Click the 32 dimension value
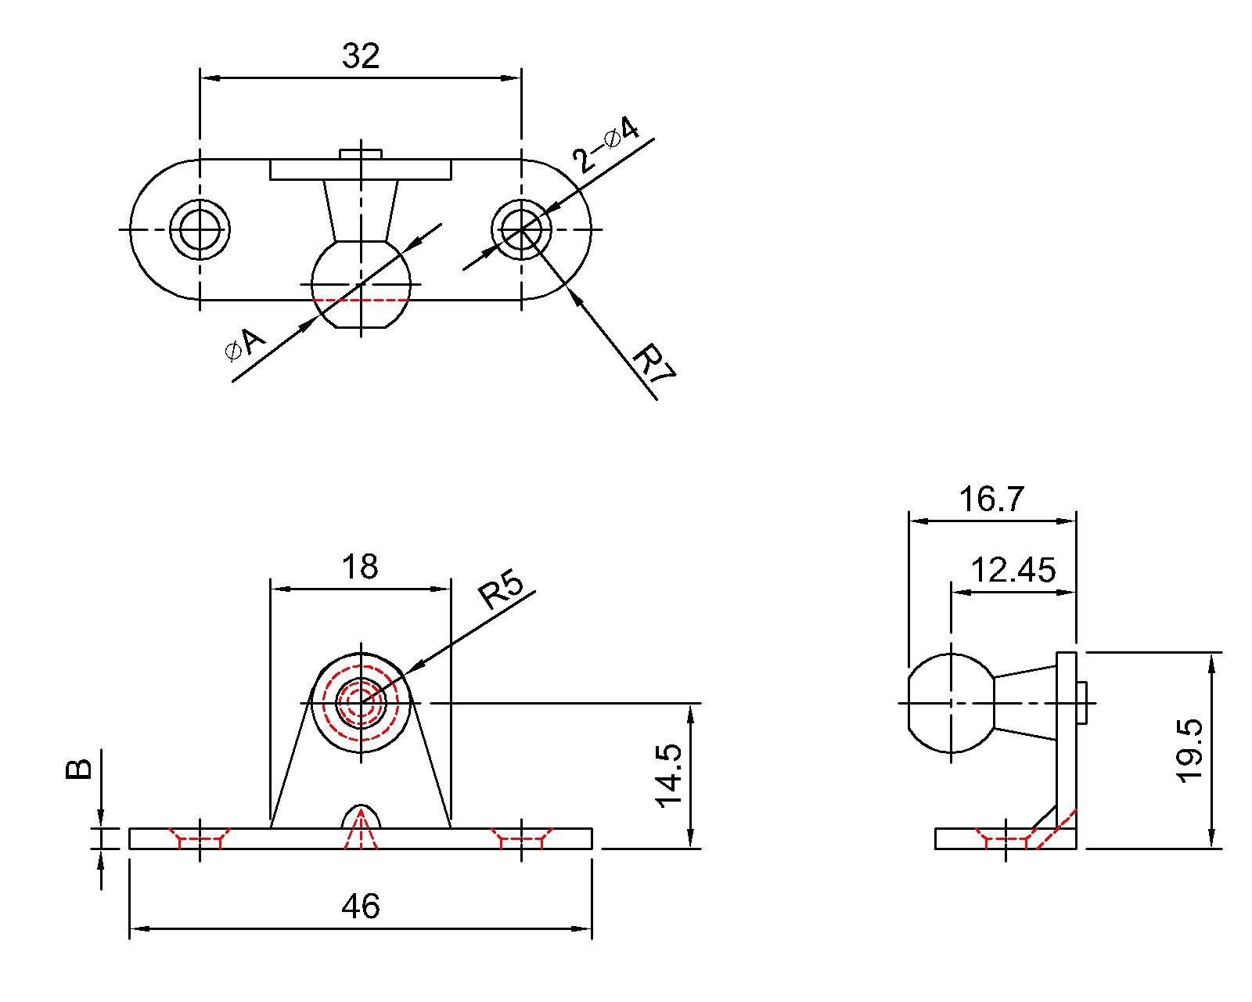tap(361, 56)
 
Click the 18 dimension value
tap(360, 566)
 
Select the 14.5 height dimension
tap(670, 776)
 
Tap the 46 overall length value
tap(361, 906)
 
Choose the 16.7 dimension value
tap(991, 499)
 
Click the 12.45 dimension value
tap(1013, 571)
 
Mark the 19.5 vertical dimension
tap(1190, 751)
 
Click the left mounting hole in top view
tap(200, 229)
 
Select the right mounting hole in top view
tap(522, 229)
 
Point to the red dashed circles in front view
tap(361, 702)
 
